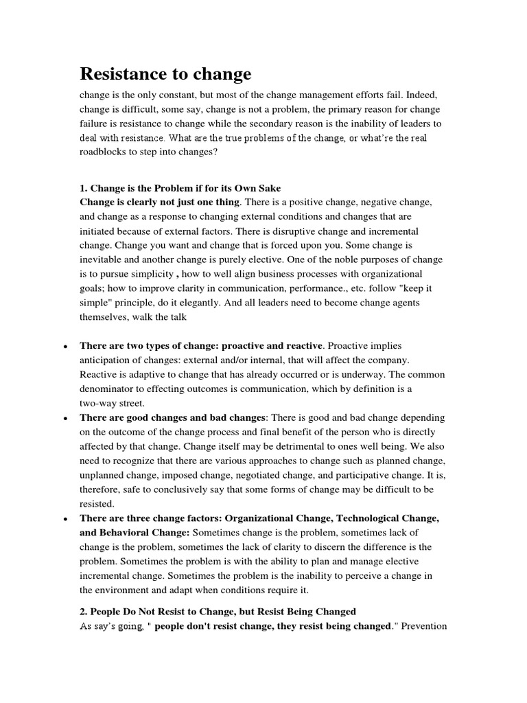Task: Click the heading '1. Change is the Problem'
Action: coord(180,188)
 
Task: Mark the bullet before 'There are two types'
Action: coord(64,346)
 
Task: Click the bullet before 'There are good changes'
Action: coord(64,418)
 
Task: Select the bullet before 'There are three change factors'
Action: coord(64,518)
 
